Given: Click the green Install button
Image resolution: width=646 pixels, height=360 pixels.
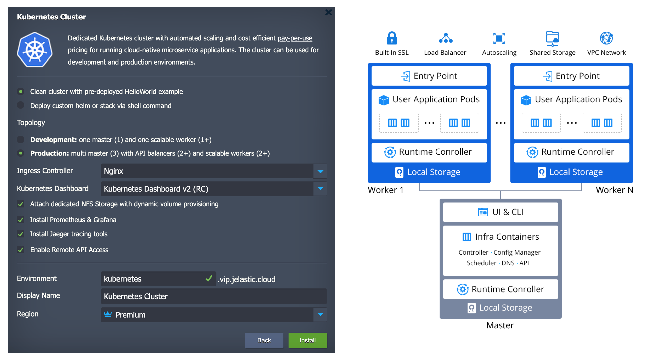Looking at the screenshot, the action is (x=308, y=340).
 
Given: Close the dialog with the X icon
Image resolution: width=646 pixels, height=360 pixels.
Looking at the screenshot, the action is (x=329, y=12).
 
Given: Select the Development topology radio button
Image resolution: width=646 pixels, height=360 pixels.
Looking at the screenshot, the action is (x=21, y=139).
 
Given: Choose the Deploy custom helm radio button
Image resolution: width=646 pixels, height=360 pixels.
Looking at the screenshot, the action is (x=21, y=105).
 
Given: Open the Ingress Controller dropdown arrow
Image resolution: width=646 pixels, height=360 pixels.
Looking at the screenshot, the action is (x=320, y=171).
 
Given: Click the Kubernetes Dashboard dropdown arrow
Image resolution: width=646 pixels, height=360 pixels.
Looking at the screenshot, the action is (x=320, y=189).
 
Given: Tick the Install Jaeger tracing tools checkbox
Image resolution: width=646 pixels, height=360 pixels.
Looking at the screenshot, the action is (x=21, y=234).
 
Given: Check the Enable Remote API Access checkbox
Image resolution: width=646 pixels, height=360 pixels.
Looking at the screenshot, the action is (x=21, y=250).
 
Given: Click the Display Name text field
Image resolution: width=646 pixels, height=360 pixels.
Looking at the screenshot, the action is (x=214, y=296).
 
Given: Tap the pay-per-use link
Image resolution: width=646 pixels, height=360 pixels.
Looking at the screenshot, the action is (x=295, y=38).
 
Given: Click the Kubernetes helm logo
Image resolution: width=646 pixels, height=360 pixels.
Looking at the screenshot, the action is (x=35, y=50).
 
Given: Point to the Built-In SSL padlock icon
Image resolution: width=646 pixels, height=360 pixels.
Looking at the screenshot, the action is (x=392, y=38).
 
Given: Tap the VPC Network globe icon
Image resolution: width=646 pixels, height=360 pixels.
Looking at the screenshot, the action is (x=606, y=38).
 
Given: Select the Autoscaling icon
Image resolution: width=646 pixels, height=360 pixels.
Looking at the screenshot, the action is (x=499, y=38).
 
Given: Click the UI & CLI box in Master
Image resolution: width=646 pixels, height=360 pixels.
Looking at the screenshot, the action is (x=500, y=212).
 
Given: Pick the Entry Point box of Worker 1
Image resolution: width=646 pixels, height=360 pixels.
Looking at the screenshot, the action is (x=429, y=76).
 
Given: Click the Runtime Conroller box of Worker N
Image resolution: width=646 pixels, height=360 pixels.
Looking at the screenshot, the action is (x=572, y=152).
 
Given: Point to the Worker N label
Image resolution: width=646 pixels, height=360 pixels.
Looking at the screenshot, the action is (x=615, y=190).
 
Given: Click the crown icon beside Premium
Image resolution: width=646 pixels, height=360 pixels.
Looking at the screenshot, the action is (x=108, y=314).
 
